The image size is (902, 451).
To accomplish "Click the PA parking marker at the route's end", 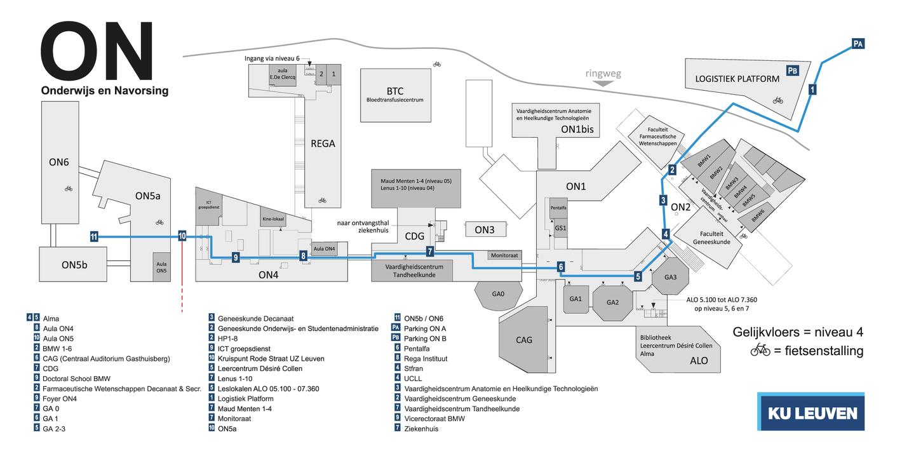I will coord(858,44).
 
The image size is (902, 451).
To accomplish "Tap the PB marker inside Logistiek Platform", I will coord(792,71).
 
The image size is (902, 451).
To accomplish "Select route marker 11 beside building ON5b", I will coord(94,237).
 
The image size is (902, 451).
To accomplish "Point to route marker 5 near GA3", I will coord(638,276).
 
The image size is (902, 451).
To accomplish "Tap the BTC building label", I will coord(394,91).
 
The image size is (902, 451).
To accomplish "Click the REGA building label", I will coord(323,144).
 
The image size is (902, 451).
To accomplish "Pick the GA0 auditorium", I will coord(498,294).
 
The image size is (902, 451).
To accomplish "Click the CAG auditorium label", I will coord(524,340).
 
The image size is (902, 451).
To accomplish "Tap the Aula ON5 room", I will coord(161,267).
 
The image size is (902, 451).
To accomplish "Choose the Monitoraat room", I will coord(505,255).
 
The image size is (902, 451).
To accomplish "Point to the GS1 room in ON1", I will coord(560,227).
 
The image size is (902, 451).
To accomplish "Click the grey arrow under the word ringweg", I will coord(603,83).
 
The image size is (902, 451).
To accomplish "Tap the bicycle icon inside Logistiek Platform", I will coord(777,100).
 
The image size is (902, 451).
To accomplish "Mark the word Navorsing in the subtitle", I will coord(141,91).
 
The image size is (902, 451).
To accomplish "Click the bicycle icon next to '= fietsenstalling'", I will coord(760,350).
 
